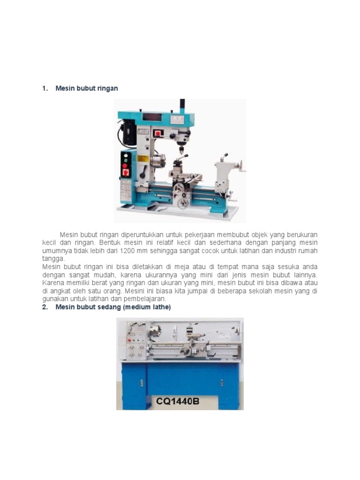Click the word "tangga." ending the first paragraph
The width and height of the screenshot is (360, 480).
pyautogui.click(x=52, y=259)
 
